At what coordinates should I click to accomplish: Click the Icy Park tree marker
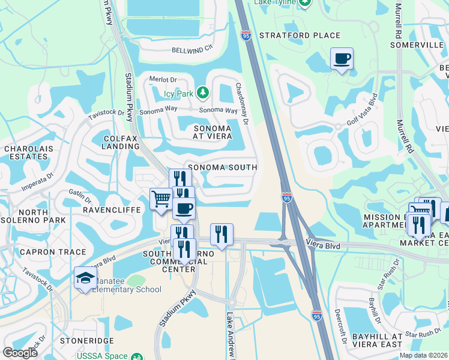(x=203, y=92)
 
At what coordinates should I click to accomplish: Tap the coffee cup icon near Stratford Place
(x=342, y=59)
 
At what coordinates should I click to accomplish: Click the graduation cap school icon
(x=85, y=278)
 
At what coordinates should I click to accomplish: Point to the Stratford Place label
(x=300, y=35)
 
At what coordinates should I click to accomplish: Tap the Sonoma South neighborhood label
(x=222, y=167)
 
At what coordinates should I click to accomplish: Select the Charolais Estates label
(x=25, y=152)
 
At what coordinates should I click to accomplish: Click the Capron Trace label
(x=45, y=252)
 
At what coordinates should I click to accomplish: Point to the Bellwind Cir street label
(x=192, y=50)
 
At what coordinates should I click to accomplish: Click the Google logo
(x=20, y=353)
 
